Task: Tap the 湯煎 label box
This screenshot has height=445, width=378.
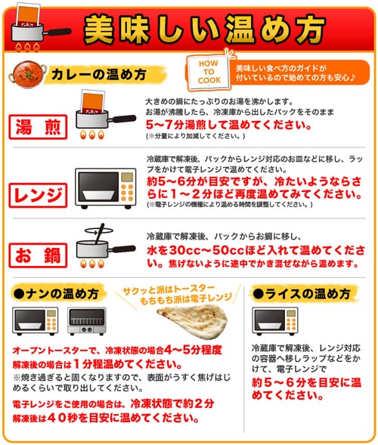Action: coord(37,125)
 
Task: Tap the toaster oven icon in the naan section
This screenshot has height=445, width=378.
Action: coord(87,321)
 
